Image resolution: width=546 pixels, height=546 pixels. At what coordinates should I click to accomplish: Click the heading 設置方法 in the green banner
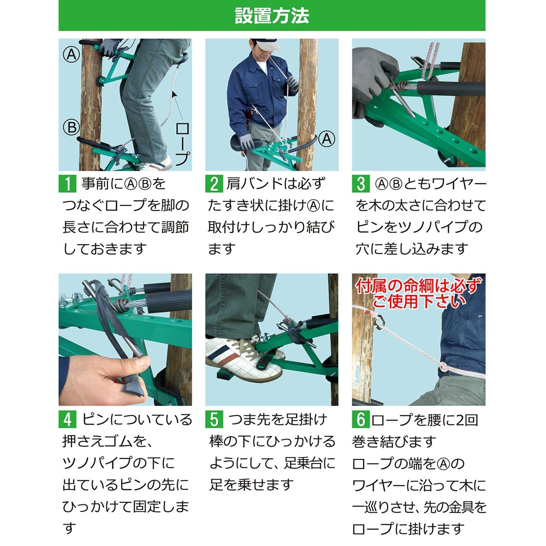272,15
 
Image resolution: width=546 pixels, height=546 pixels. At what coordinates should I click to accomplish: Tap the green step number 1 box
67,184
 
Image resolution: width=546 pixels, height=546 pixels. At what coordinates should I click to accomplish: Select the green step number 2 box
214,184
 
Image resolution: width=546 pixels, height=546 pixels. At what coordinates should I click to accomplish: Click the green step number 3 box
361,184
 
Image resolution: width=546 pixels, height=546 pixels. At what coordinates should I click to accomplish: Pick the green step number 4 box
67,419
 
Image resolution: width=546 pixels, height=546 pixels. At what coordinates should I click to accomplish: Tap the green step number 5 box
214,419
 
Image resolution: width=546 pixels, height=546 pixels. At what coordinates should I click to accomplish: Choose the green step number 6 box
361,419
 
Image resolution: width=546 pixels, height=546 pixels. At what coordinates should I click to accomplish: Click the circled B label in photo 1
71,127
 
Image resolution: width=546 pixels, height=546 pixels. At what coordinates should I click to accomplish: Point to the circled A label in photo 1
71,55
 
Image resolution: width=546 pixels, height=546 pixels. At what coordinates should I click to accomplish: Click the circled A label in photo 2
326,139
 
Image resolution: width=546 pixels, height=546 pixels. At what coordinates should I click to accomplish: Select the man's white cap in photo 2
267,44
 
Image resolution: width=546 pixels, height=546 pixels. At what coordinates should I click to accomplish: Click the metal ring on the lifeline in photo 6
379,321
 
